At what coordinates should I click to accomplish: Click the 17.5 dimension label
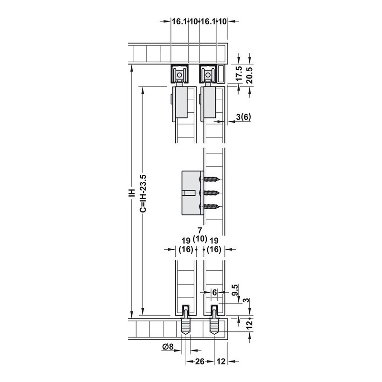pos(239,74)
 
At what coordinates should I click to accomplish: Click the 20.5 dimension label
pos(250,75)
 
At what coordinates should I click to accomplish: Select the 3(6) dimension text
pos(243,117)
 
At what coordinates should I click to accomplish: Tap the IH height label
pos(132,192)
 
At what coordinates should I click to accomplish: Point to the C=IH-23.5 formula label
pos(143,193)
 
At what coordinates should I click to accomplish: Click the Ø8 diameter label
pos(168,346)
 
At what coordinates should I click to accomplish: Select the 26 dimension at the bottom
pos(200,361)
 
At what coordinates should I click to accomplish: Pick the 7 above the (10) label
pos(200,230)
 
